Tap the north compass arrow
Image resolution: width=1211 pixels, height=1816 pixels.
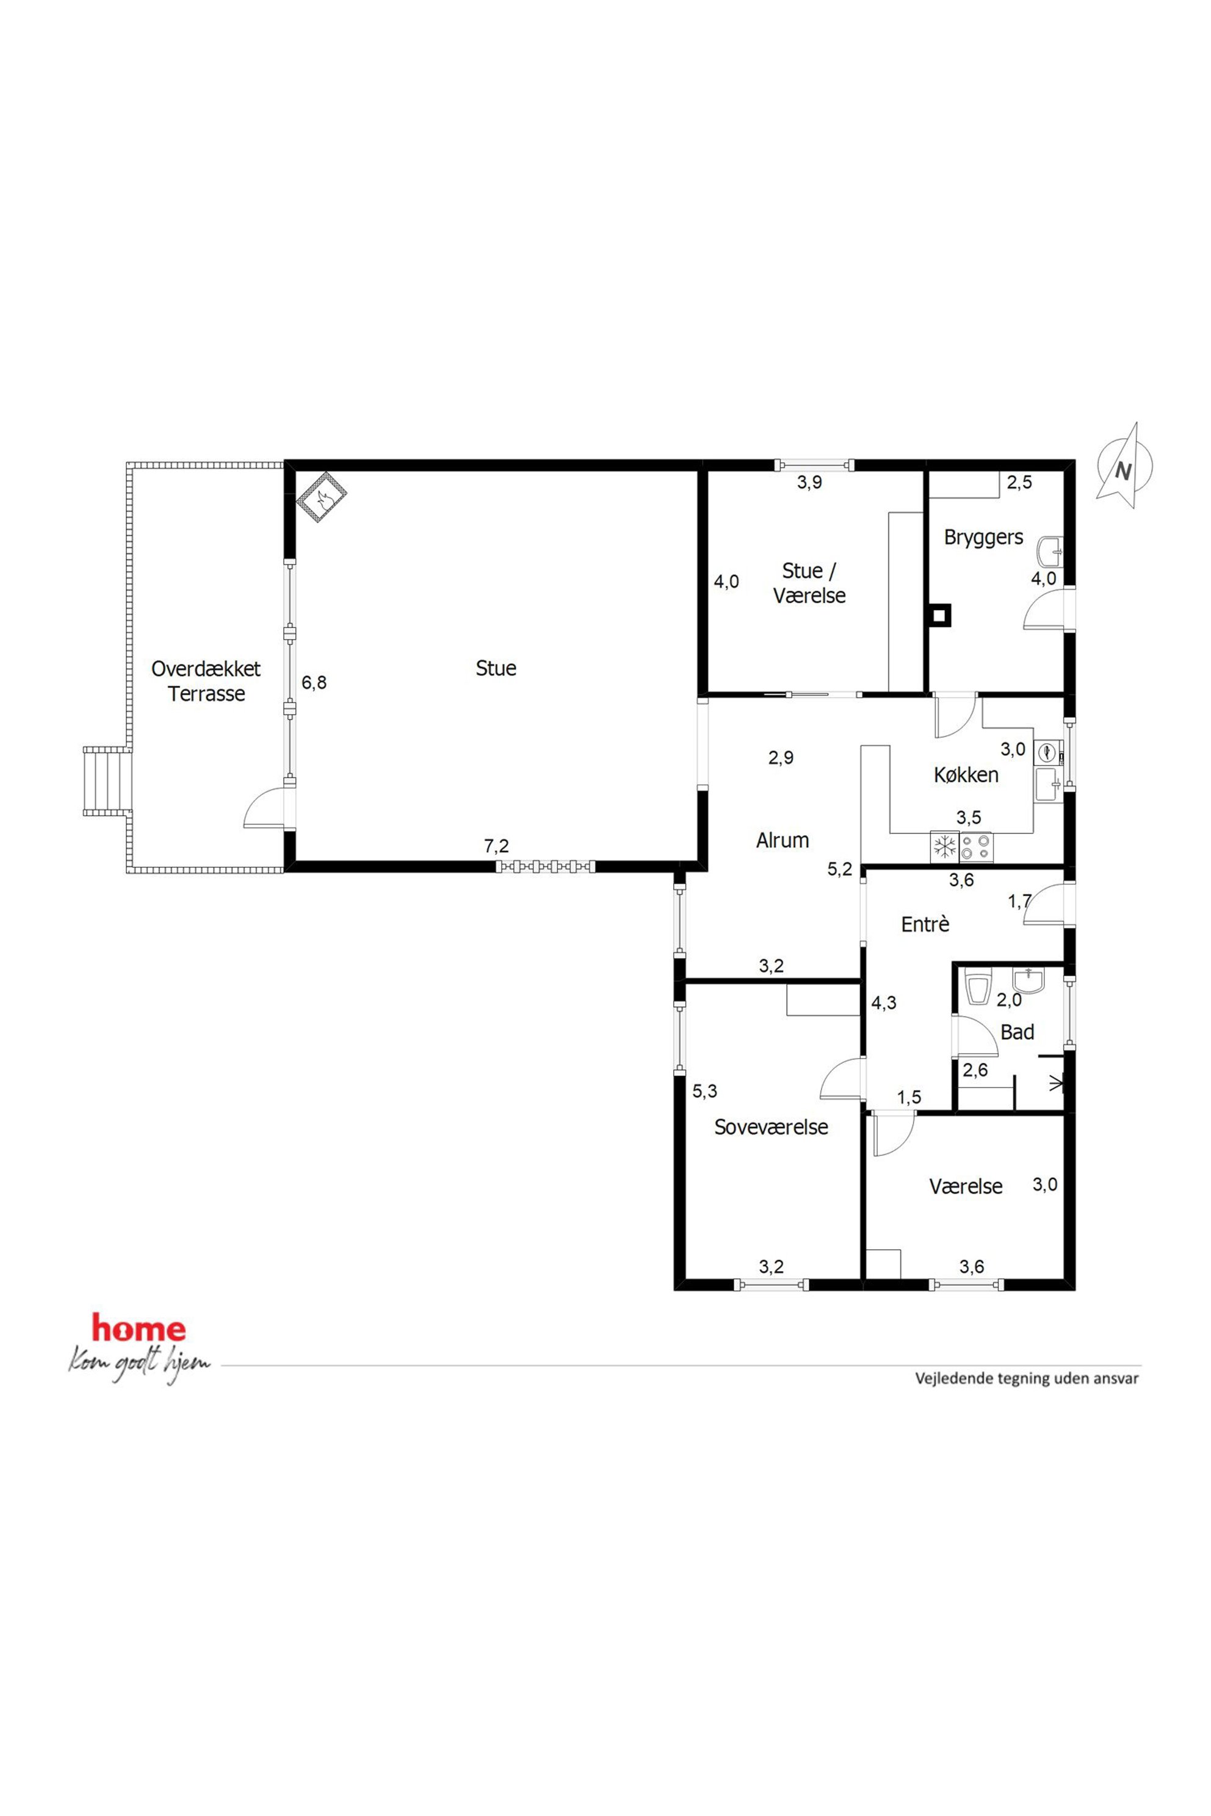(x=1124, y=466)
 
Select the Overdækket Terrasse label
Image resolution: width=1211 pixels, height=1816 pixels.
(x=206, y=680)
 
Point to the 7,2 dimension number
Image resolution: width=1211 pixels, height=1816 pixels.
(x=497, y=846)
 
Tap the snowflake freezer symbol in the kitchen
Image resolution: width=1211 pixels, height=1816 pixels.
(x=944, y=847)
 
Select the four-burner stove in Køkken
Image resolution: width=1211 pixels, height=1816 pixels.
(x=975, y=847)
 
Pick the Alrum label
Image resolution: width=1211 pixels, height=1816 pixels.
(x=783, y=840)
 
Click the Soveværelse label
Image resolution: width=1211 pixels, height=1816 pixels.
(x=771, y=1127)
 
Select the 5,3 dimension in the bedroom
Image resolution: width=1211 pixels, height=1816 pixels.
(x=704, y=1091)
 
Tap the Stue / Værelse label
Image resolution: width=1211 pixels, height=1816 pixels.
(x=809, y=583)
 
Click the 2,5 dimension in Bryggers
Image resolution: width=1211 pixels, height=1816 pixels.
(x=1019, y=483)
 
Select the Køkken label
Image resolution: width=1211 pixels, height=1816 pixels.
(x=966, y=774)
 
